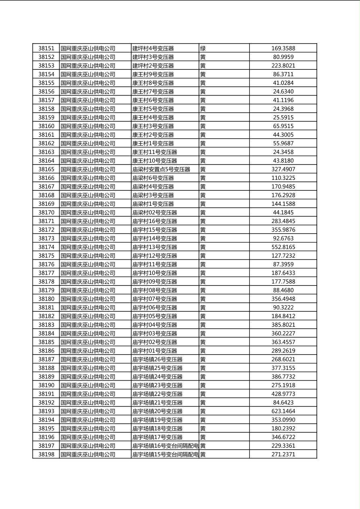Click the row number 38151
coord(46,48)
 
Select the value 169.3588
coord(283,48)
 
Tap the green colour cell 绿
coord(203,48)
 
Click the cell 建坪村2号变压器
coord(153,66)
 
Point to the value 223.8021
coord(283,66)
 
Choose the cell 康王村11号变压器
coord(155,152)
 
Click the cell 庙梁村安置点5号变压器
coord(161,169)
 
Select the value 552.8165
coord(283,247)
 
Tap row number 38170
coord(46,213)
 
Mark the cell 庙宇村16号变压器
coord(155,221)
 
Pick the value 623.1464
coord(283,411)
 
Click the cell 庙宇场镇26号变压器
coord(157,359)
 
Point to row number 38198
coord(46,455)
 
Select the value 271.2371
coord(283,455)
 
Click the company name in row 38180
coord(88,299)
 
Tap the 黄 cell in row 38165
coord(203,169)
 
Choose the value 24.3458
coord(283,152)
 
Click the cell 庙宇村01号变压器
coord(155,351)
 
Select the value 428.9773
coord(283,394)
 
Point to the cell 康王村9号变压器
coord(153,74)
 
